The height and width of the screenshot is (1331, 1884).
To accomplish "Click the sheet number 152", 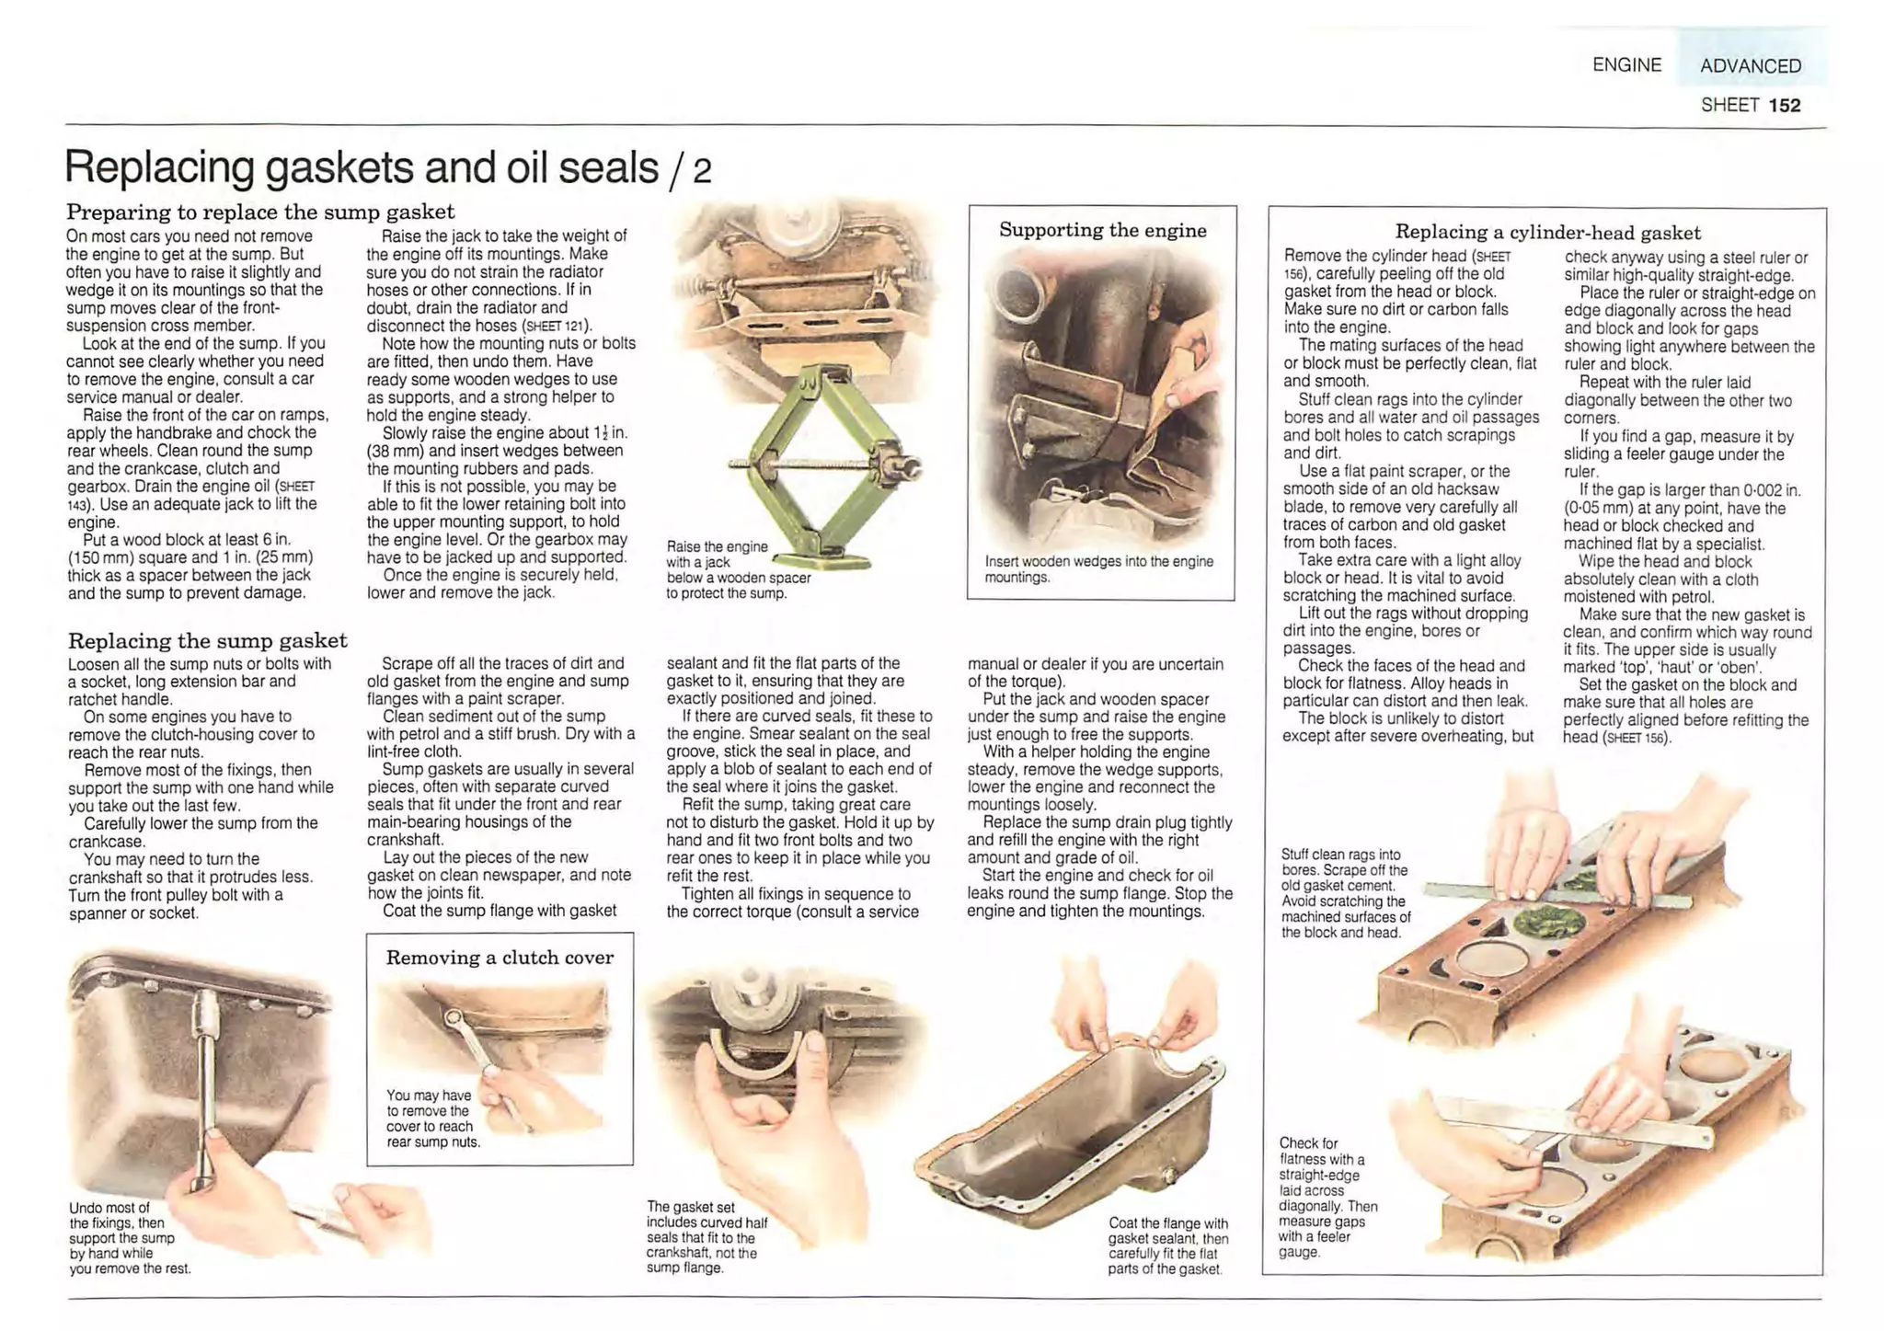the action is point(1784,105).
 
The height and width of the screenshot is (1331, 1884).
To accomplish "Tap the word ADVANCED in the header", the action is point(1750,66).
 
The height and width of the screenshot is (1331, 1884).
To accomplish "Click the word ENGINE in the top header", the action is point(1626,65).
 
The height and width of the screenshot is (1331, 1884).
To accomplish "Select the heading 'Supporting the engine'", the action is point(1102,230).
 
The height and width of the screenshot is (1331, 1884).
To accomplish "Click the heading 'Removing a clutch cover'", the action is point(500,958).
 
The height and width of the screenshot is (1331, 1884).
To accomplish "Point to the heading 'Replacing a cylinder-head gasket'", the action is point(1547,233).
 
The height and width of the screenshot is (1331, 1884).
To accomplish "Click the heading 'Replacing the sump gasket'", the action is point(208,640).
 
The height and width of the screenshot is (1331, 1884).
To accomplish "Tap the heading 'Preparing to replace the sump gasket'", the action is point(260,212).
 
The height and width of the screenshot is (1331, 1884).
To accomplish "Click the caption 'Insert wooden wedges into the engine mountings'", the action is point(1098,569).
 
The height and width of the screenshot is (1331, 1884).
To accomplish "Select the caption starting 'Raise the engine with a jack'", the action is point(738,569).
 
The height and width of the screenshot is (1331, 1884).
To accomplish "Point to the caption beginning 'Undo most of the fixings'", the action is point(129,1238).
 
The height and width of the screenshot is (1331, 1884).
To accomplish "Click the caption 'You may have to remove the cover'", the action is point(432,1119).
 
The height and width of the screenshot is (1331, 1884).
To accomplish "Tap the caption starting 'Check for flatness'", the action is point(1327,1197).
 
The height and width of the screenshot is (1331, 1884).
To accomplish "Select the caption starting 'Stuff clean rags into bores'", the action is point(1346,893).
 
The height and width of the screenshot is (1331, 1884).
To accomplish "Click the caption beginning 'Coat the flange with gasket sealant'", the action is point(1167,1245).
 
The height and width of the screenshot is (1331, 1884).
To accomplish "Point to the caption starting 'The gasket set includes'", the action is point(706,1237).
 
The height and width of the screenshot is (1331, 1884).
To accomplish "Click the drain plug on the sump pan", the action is point(1169,1176).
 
